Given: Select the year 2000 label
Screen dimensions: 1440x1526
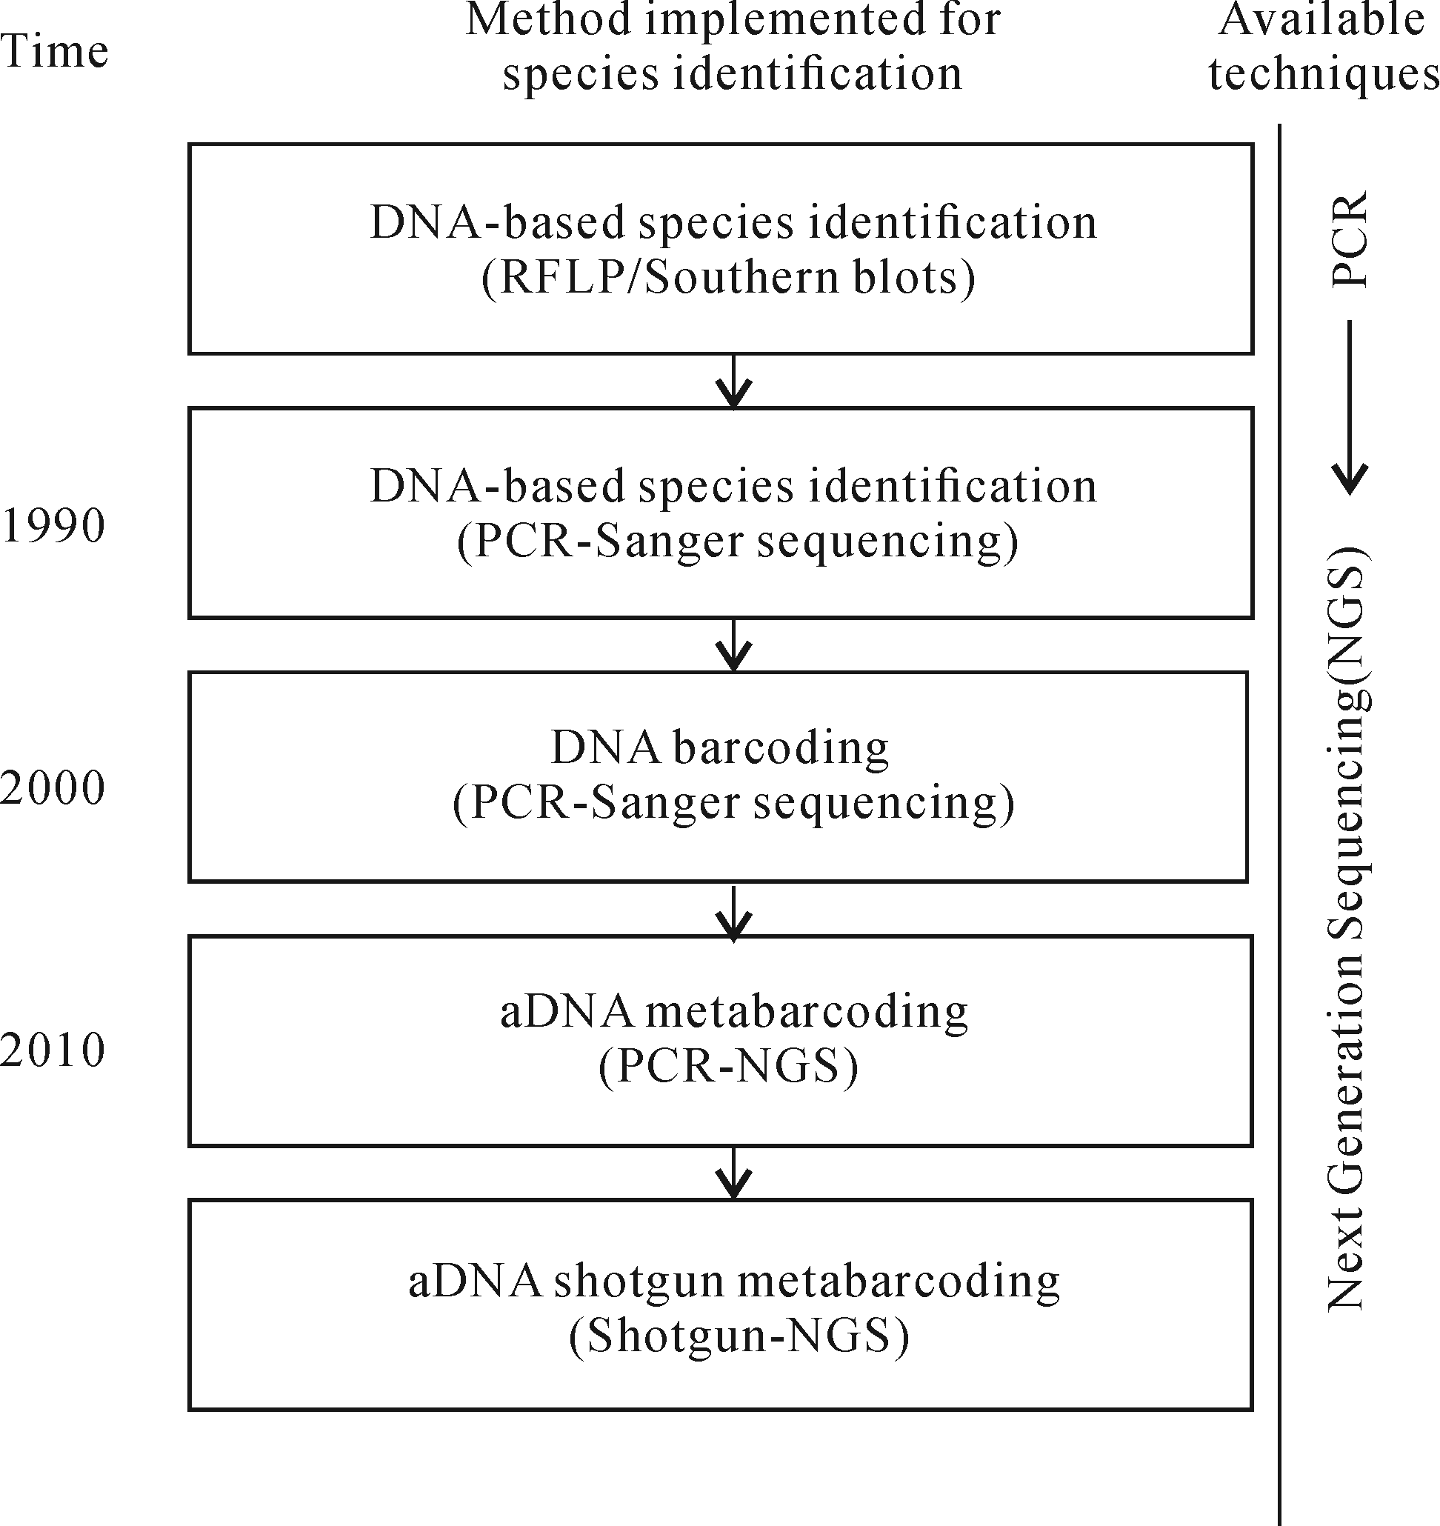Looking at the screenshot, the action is coord(52,788).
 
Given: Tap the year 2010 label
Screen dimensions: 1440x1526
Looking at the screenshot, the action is coord(52,1050).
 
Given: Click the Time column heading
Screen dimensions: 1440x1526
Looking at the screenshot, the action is coord(54,50).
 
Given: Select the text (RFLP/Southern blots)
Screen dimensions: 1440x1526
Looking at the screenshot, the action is coord(728,277).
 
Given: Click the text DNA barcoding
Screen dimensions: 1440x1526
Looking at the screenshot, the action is coord(720,748).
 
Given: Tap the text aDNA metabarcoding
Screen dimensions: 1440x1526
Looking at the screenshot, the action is coord(734,1012).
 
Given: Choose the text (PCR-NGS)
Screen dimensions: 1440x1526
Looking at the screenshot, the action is coord(728,1067).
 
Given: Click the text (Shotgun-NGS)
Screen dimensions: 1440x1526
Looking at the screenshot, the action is coord(739,1336).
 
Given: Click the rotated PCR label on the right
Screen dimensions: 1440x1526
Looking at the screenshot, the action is coord(1349,239).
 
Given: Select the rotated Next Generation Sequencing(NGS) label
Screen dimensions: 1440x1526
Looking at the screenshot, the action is coord(1349,929).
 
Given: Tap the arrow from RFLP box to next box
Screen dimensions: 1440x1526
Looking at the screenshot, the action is coord(734,381).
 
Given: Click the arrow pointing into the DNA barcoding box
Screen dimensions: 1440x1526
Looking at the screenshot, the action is coord(734,645).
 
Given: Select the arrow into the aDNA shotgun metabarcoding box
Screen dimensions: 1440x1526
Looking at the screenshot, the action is coord(734,1173).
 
